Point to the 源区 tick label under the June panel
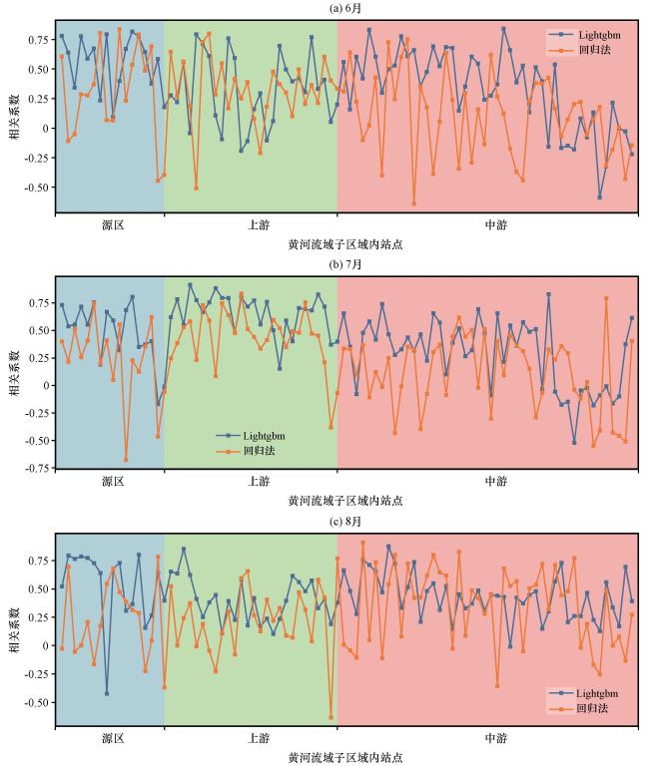click(x=112, y=225)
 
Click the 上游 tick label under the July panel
click(x=258, y=481)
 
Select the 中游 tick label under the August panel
click(x=495, y=738)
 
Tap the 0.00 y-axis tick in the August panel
click(x=37, y=645)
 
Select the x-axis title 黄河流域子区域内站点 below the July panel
click(x=345, y=500)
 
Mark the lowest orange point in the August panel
click(x=331, y=716)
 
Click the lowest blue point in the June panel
click(x=600, y=196)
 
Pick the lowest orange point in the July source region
click(x=126, y=460)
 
